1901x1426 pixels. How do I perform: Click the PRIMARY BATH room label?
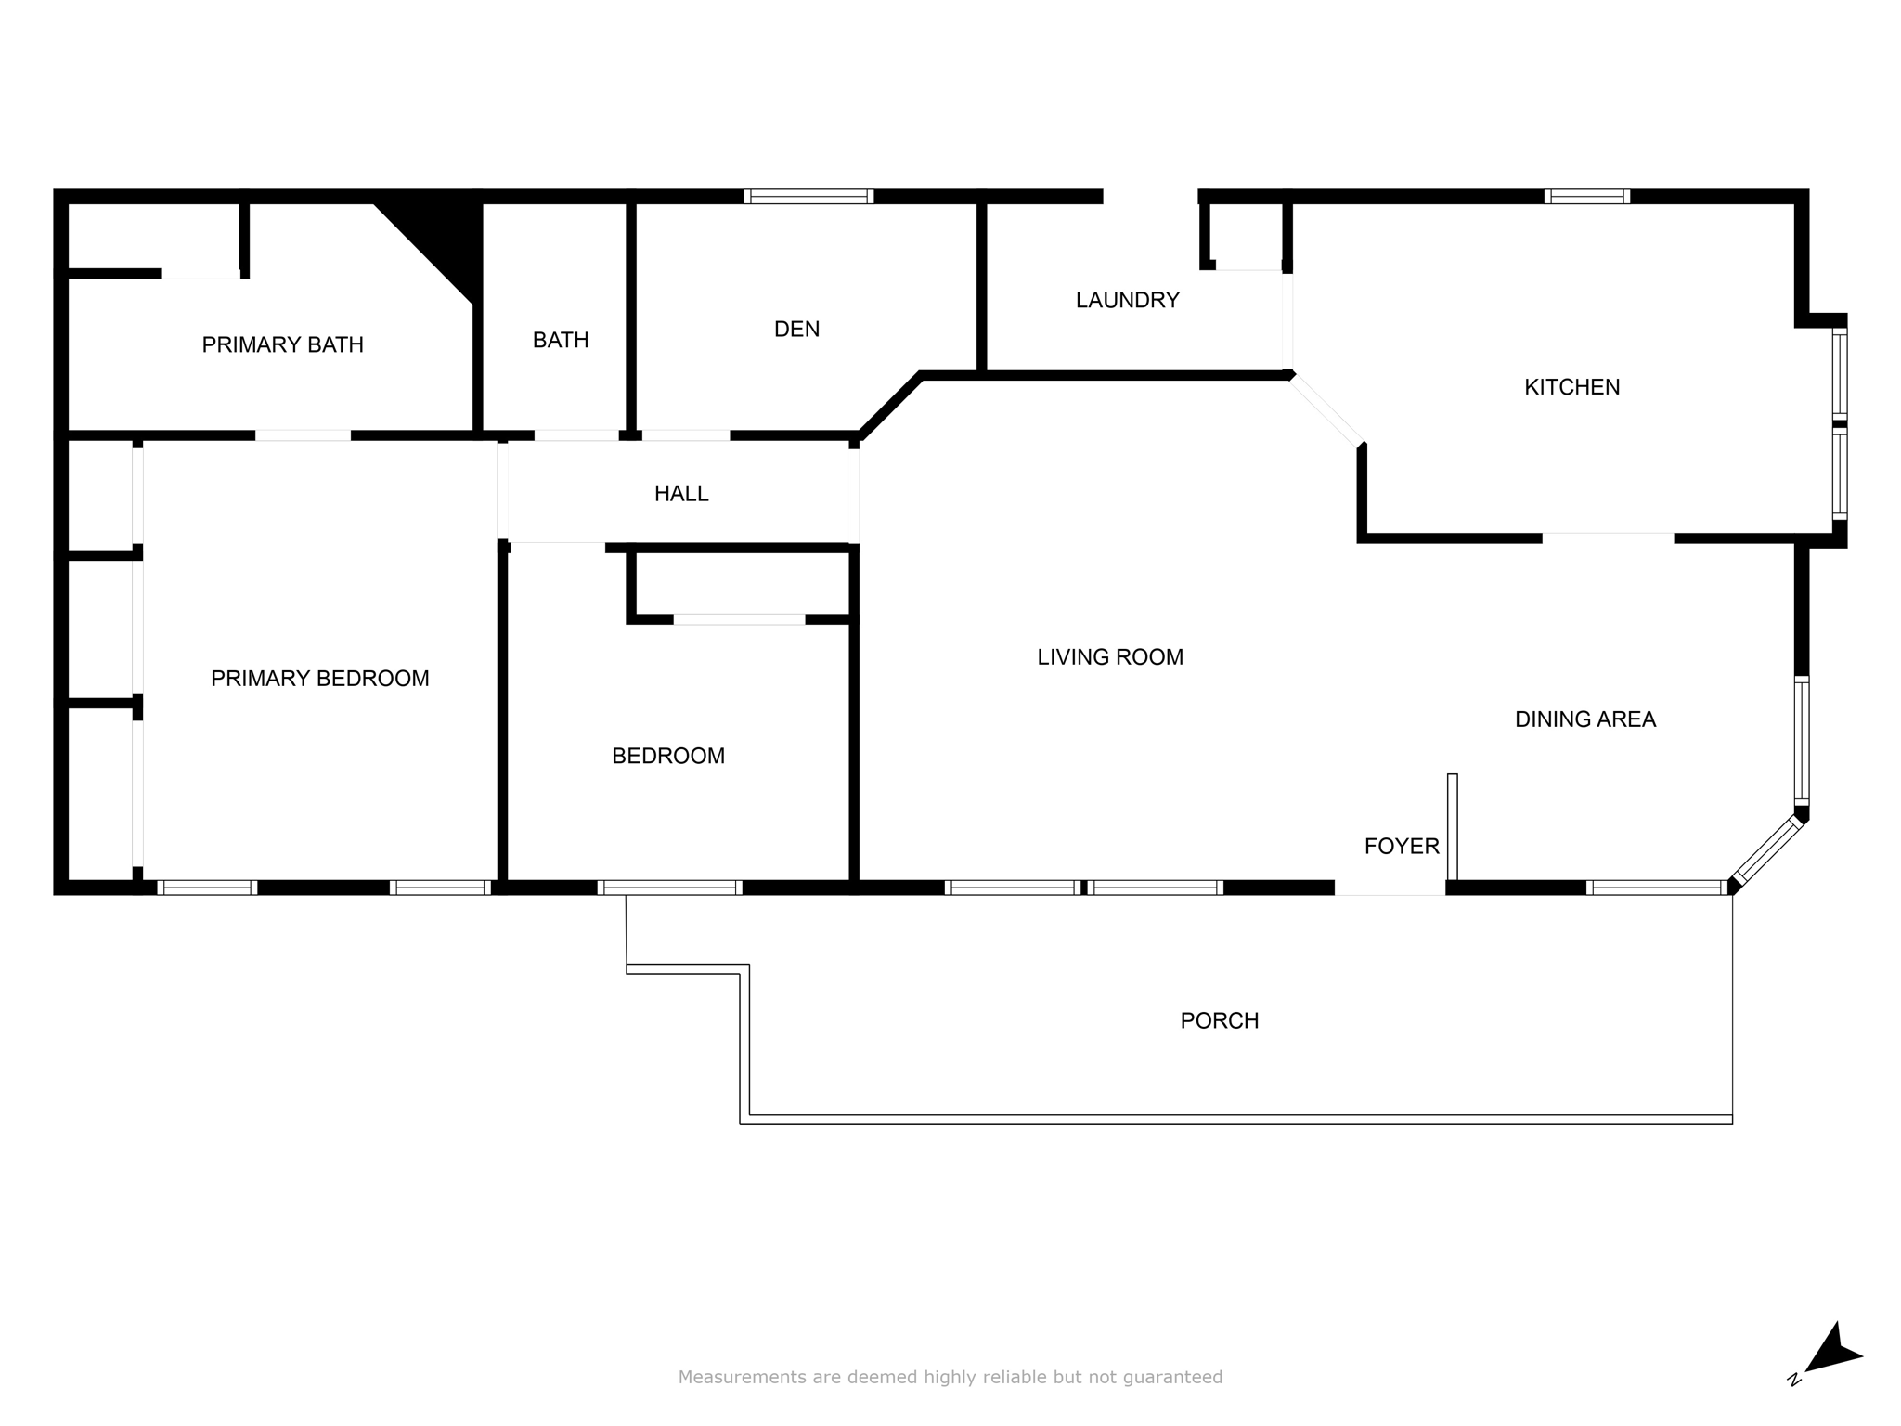[282, 344]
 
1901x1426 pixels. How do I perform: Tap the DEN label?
[796, 329]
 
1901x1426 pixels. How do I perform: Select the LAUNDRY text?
[1127, 300]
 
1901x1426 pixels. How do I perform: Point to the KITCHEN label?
[1571, 387]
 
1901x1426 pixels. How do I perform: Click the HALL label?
[681, 494]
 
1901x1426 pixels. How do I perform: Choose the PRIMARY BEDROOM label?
[320, 679]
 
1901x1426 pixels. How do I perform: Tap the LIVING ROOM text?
[1110, 657]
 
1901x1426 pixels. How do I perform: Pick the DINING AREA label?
[1585, 719]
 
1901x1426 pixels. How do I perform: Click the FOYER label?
[1402, 846]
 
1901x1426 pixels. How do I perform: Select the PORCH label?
[1220, 1021]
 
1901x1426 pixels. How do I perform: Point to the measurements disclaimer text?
[950, 1378]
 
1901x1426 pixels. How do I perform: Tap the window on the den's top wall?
[808, 196]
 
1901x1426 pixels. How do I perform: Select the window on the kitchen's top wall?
[1587, 196]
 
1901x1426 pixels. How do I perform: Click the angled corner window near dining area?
[1767, 850]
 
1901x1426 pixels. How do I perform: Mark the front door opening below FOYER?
[1390, 888]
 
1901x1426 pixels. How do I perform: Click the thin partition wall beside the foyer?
[1453, 826]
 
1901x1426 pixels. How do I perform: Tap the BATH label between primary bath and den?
[561, 341]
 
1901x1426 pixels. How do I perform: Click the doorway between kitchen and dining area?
[1609, 538]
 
